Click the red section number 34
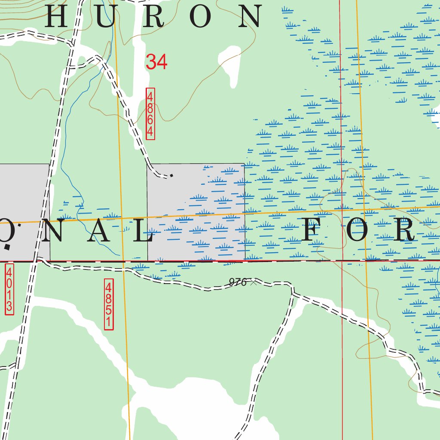[x=156, y=62]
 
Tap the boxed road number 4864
[x=150, y=114]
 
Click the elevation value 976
[x=238, y=282]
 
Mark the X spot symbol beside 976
[x=254, y=282]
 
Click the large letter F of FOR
[x=313, y=230]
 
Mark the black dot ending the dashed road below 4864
[x=172, y=175]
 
